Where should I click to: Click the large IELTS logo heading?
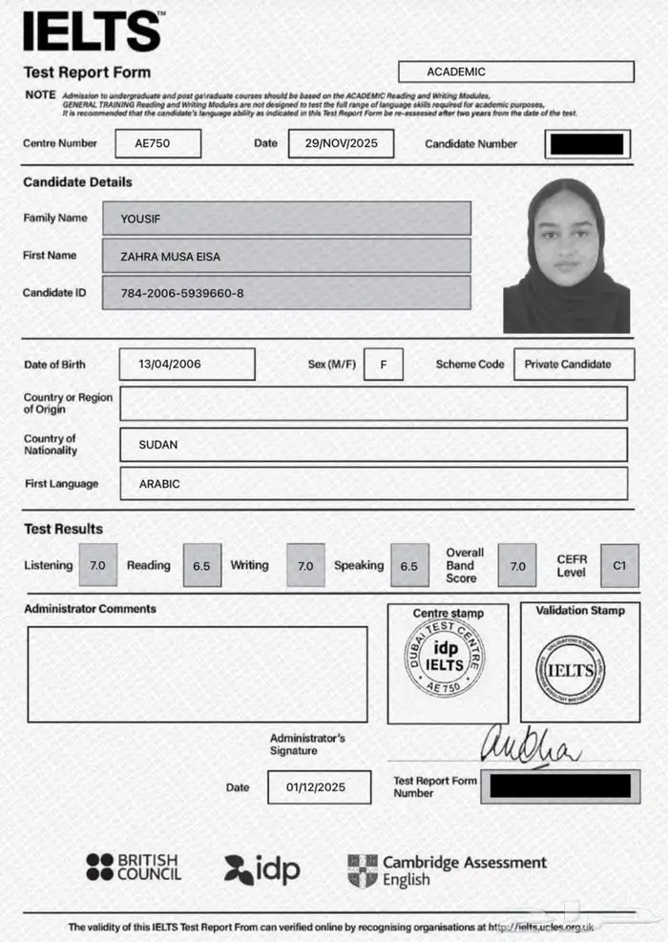pyautogui.click(x=92, y=31)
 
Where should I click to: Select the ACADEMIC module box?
pyautogui.click(x=515, y=72)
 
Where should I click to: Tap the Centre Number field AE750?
pyautogui.click(x=157, y=143)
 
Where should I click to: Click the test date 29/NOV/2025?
pyautogui.click(x=341, y=143)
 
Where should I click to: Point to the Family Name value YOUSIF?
pyautogui.click(x=285, y=219)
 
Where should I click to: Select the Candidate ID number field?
pyautogui.click(x=285, y=292)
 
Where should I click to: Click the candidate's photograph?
pyautogui.click(x=566, y=256)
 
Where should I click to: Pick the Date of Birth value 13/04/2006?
pyautogui.click(x=187, y=364)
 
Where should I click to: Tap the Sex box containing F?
pyautogui.click(x=384, y=364)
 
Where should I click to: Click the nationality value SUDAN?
pyautogui.click(x=373, y=445)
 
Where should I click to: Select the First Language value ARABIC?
pyautogui.click(x=373, y=484)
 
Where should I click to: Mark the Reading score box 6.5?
pyautogui.click(x=201, y=565)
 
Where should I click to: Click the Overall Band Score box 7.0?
pyautogui.click(x=517, y=565)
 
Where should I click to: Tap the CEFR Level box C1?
pyautogui.click(x=619, y=565)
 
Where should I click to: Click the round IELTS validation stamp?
pyautogui.click(x=571, y=669)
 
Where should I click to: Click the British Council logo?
pyautogui.click(x=133, y=868)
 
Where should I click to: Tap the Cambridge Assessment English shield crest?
pyautogui.click(x=363, y=869)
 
